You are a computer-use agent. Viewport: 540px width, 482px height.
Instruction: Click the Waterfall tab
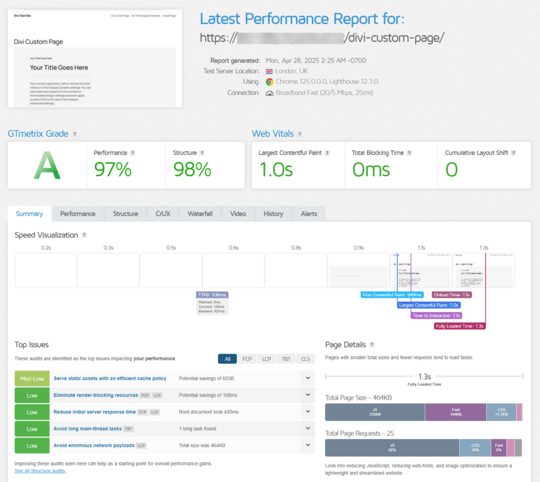point(200,214)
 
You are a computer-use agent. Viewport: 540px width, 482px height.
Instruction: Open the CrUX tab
point(162,214)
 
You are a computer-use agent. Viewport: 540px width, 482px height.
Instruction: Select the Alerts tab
point(308,214)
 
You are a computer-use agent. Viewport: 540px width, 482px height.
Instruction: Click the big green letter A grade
point(47,165)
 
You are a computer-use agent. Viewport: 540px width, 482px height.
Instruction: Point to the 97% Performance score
point(112,169)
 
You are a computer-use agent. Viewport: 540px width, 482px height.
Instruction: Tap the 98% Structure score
point(192,169)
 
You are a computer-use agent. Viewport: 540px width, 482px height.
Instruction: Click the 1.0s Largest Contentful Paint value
point(275,169)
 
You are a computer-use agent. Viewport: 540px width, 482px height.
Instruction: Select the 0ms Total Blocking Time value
point(371,169)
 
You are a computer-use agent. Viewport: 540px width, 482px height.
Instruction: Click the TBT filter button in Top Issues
point(286,359)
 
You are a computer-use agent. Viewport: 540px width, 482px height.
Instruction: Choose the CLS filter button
point(305,359)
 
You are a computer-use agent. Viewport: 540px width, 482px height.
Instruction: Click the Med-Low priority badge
point(32,378)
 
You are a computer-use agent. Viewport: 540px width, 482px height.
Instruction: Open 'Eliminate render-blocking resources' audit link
point(95,395)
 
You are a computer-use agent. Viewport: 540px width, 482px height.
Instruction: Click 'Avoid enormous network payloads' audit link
point(94,446)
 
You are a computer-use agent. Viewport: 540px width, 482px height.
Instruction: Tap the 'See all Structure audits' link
point(40,470)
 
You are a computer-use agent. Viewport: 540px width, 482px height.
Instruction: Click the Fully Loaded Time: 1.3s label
point(459,326)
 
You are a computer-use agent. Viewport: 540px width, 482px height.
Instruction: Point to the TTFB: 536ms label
point(212,295)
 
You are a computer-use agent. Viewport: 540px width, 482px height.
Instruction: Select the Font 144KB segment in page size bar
point(455,412)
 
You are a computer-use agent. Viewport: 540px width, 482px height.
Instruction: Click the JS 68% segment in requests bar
point(392,448)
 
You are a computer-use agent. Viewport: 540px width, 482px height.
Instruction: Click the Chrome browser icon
point(269,82)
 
